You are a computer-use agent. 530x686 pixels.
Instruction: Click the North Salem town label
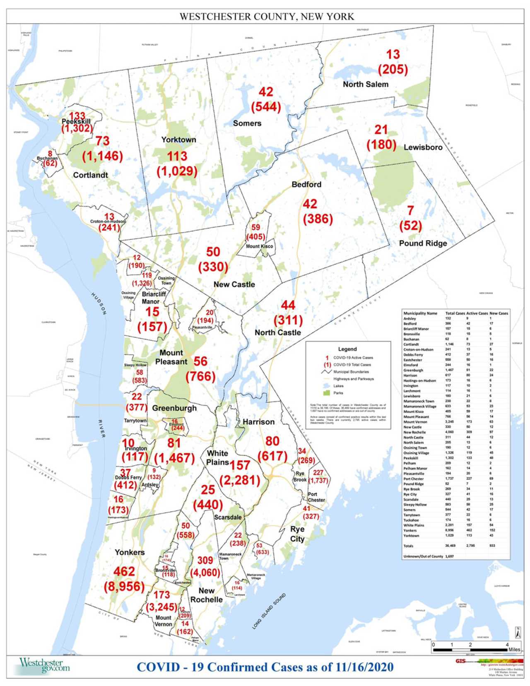tap(366, 84)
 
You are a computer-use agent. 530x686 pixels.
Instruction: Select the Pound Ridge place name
tap(423, 243)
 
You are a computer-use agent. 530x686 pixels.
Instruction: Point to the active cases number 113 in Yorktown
tap(177, 156)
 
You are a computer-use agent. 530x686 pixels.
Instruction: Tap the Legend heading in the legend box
tap(347, 349)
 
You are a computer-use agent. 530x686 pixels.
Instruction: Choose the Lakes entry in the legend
tap(338, 386)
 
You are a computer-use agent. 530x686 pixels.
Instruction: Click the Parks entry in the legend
tap(338, 393)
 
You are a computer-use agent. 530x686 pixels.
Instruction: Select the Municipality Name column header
tap(420, 313)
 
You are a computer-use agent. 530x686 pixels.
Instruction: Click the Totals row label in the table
tap(409, 546)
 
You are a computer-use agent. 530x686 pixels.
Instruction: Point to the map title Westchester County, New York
tap(267, 17)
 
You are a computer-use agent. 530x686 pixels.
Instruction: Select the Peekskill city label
tap(76, 122)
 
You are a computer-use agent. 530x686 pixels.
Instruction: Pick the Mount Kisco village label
tap(260, 246)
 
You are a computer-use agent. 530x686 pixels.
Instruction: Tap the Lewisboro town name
tap(423, 147)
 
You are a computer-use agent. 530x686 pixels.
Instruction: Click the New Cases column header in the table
tap(499, 313)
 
